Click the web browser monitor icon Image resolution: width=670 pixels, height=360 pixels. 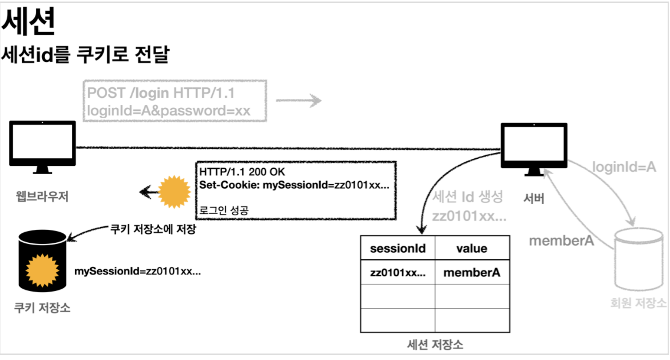coord(43,144)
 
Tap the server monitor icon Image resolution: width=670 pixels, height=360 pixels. coord(534,146)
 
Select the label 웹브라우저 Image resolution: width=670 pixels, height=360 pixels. coord(42,196)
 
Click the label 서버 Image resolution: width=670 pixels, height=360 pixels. coord(534,198)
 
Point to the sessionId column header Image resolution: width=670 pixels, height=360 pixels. coord(398,248)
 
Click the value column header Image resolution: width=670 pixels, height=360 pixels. coord(472,248)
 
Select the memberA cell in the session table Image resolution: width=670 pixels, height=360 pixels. coord(472,273)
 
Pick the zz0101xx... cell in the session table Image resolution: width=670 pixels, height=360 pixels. coord(398,273)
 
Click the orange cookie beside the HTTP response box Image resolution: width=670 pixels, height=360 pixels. coord(174,192)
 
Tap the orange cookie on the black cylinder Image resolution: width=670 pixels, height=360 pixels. coord(42,270)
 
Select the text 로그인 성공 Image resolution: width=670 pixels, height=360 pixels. coord(224,210)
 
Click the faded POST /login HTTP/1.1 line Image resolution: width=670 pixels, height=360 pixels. coord(161,93)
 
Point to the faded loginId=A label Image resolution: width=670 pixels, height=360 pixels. coord(624,167)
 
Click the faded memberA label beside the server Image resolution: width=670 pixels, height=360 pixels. coord(561,241)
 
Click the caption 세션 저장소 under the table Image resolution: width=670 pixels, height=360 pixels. coord(435,345)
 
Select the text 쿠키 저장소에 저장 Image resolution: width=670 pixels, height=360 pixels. coord(153,229)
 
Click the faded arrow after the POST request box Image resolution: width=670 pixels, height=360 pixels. coord(298,100)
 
